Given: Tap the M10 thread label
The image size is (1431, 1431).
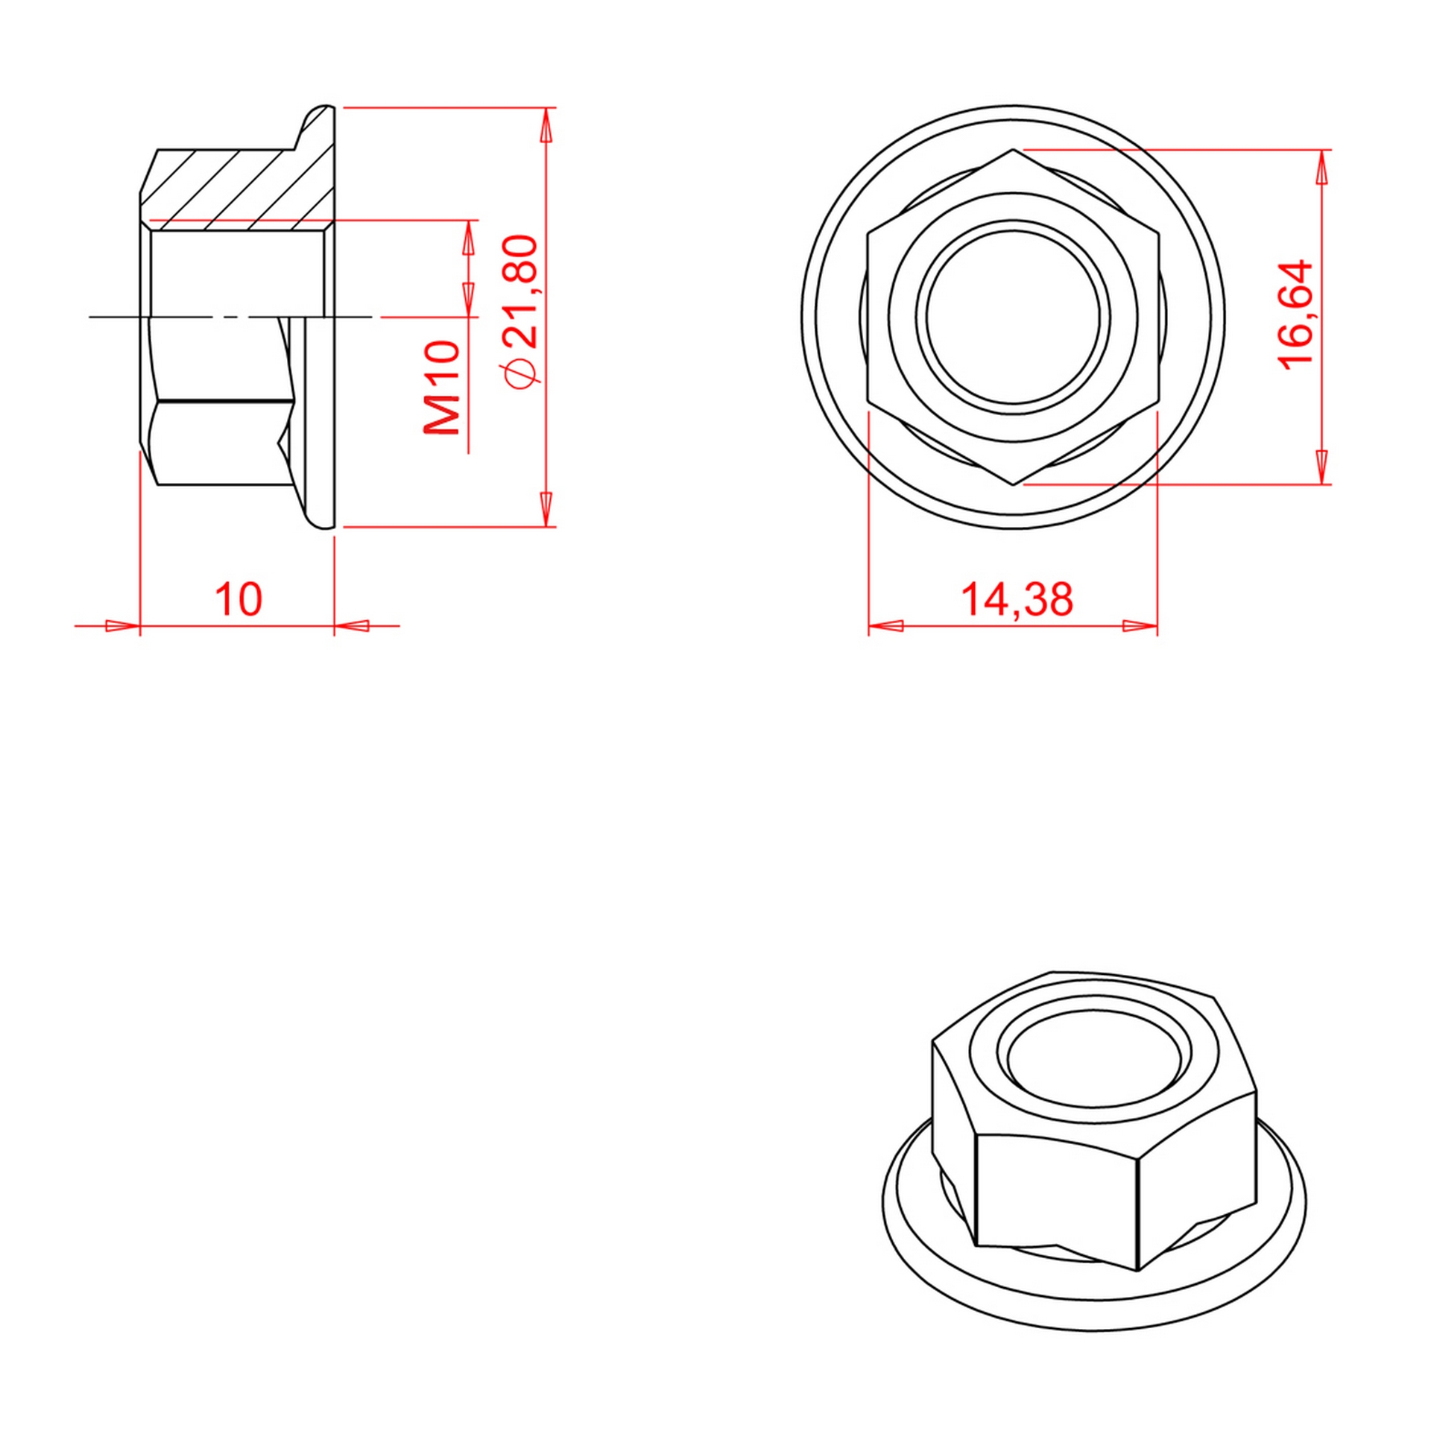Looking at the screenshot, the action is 442,388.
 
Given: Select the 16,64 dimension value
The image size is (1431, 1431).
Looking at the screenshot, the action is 1295,314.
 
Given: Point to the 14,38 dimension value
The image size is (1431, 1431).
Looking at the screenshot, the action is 1017,599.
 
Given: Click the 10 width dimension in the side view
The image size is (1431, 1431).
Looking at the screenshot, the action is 238,599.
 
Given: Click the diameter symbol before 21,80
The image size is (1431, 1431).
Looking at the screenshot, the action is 521,371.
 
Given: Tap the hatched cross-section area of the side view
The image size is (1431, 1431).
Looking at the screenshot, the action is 238,186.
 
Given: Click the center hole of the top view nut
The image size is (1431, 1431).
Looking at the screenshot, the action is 1013,316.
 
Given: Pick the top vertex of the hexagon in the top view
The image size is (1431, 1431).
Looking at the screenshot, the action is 1013,149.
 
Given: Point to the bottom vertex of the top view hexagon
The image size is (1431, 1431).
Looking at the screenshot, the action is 1013,484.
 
